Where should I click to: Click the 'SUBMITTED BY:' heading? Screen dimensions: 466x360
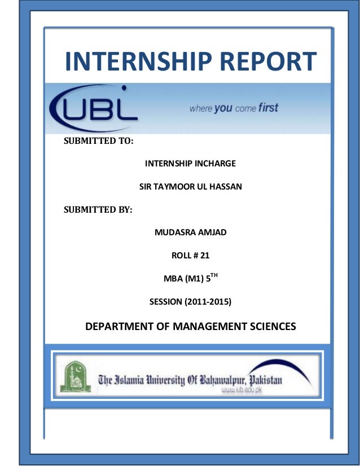[97, 209]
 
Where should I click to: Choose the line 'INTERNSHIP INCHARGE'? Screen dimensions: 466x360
[190, 164]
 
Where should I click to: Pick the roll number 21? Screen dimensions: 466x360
[204, 256]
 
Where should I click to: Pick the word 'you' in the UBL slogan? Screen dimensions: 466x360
[223, 108]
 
